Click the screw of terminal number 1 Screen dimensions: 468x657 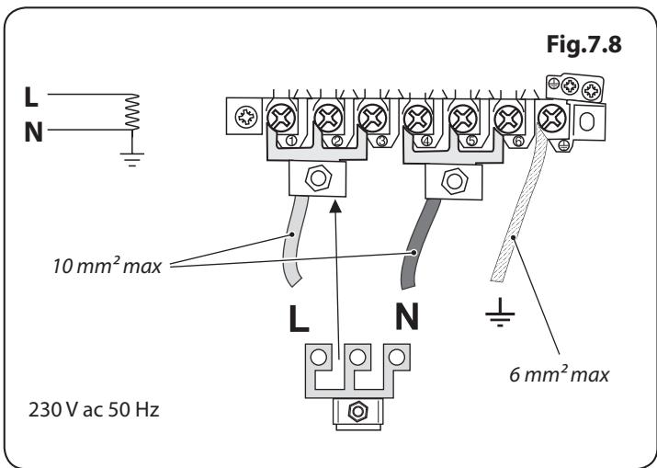pyautogui.click(x=283, y=119)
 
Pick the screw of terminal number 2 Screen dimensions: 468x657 pyautogui.click(x=328, y=119)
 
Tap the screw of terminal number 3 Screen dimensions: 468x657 pyautogui.click(x=371, y=119)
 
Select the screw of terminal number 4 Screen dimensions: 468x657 pyautogui.click(x=417, y=119)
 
